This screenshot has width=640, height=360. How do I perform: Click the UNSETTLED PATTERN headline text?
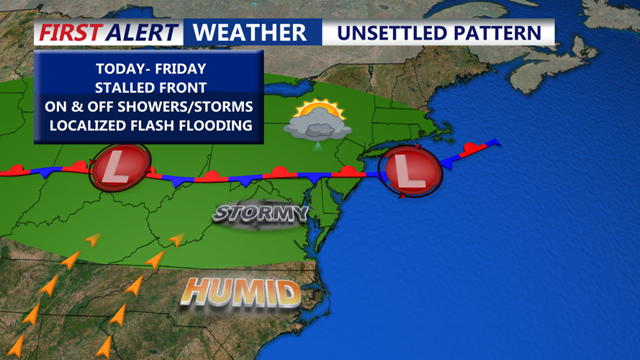[439, 33]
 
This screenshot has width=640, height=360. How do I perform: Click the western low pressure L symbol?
[118, 168]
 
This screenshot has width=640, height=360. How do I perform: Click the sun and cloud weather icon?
[317, 122]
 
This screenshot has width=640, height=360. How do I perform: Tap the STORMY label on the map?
[261, 213]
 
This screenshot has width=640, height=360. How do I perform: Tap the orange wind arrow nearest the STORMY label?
[176, 239]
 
